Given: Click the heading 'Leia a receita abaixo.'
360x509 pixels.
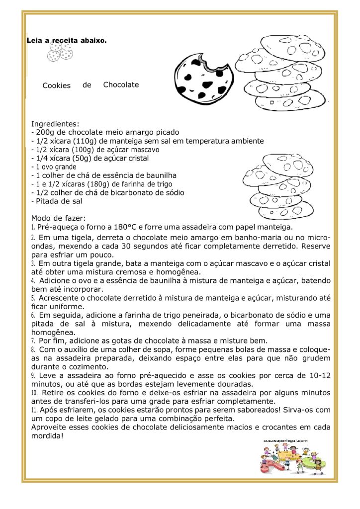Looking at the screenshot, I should click(x=67, y=40).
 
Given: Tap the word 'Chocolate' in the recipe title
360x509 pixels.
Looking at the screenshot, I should click(x=121, y=85).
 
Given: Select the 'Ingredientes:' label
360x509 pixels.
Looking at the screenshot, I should click(x=55, y=123).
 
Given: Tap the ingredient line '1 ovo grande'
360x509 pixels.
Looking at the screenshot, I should click(x=56, y=167).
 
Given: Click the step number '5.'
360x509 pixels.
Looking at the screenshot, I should click(x=33, y=298).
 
